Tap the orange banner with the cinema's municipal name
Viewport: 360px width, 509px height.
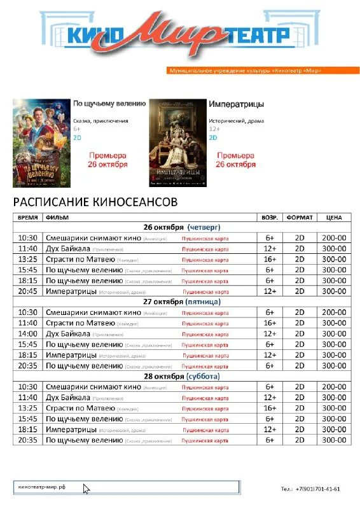click(x=245, y=70)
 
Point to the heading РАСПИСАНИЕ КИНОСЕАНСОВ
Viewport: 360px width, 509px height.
click(x=95, y=202)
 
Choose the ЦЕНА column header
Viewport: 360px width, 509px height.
click(x=334, y=217)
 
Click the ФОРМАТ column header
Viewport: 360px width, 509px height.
click(x=299, y=217)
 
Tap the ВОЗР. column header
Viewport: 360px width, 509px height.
click(x=270, y=217)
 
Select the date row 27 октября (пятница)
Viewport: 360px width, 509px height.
click(x=181, y=301)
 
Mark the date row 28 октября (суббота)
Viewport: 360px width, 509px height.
click(x=181, y=376)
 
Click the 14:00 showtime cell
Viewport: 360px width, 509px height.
click(x=28, y=333)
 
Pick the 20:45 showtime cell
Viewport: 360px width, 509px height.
click(x=28, y=291)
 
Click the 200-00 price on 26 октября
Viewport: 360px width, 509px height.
click(x=334, y=238)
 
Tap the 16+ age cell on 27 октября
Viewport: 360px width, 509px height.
click(x=270, y=323)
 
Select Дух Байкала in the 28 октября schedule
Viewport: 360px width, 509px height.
click(x=67, y=398)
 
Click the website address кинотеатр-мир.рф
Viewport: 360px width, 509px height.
click(x=42, y=487)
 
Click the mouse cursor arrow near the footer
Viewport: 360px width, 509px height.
click(x=87, y=489)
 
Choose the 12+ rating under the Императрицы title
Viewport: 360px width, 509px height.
click(x=214, y=129)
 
